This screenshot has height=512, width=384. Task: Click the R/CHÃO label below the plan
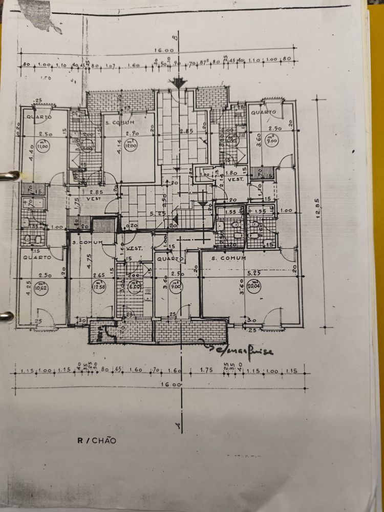click(x=97, y=440)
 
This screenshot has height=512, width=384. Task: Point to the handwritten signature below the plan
click(x=240, y=350)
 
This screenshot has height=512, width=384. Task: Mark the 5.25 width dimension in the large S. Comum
click(x=253, y=274)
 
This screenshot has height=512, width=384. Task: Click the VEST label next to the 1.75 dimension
click(x=92, y=198)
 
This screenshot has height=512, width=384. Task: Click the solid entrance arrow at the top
click(x=179, y=82)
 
